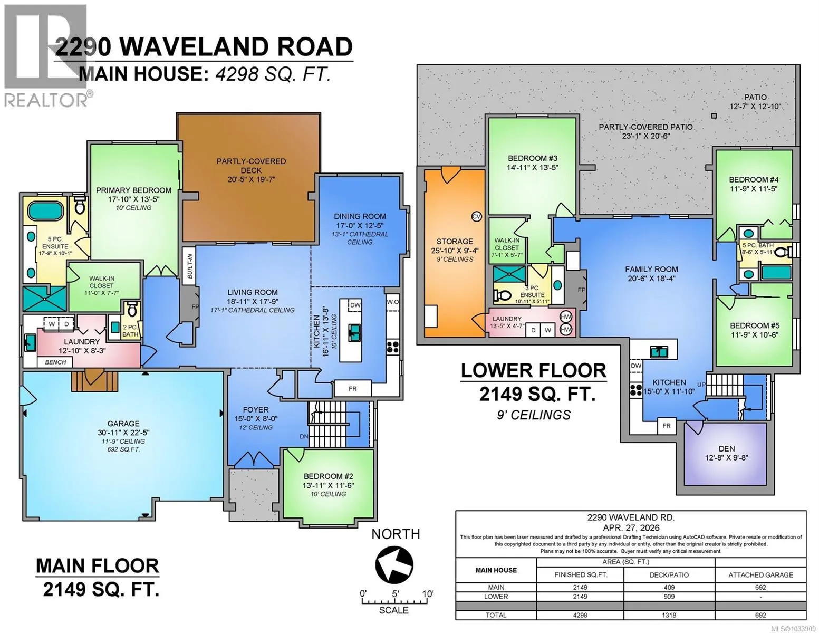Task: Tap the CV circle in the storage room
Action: click(476, 216)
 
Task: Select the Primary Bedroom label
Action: click(133, 190)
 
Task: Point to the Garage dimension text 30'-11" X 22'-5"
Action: click(123, 433)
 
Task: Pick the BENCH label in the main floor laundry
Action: click(55, 362)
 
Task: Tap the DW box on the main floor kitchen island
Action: click(355, 305)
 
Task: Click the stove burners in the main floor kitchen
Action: click(392, 347)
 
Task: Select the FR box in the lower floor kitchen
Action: click(667, 426)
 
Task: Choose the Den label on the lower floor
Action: click(726, 449)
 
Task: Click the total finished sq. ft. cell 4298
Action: click(580, 615)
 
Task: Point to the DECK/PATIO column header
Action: click(669, 575)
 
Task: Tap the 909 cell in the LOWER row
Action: click(669, 597)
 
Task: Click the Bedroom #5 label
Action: click(754, 325)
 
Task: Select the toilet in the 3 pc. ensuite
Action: click(503, 296)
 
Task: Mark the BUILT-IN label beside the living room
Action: click(189, 266)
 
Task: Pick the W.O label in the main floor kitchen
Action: click(393, 302)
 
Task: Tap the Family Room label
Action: click(651, 269)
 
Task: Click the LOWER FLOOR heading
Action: click(533, 370)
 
